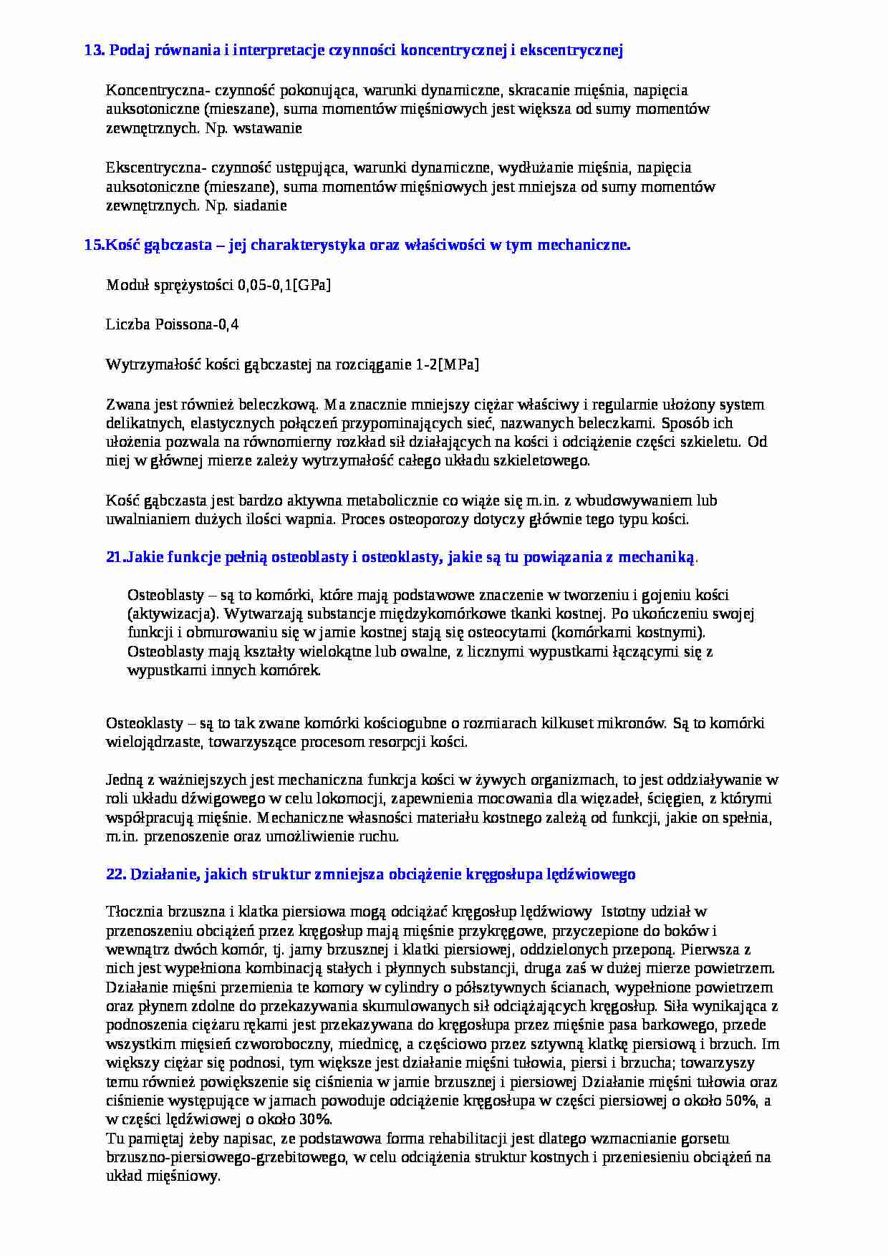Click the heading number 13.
[x=94, y=50]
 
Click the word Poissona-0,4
[x=195, y=324]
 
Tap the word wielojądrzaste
[x=155, y=742]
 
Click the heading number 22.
[x=115, y=874]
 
